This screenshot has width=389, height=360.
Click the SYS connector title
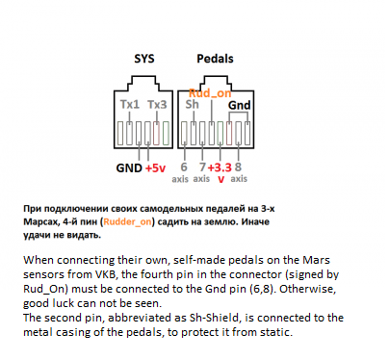143,60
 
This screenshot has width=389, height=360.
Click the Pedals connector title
215,60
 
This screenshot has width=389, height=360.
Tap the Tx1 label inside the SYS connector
129,103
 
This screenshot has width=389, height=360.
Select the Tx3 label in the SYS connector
157,103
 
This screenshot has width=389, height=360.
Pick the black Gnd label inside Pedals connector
240,103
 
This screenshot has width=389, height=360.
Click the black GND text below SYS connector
128,167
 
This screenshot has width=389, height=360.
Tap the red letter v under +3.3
220,178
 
